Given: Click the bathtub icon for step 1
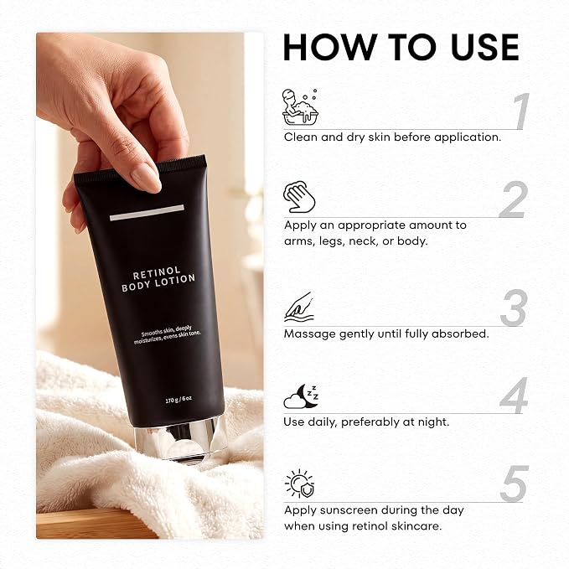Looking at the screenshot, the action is (301, 107).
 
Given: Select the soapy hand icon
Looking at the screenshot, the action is (299, 197).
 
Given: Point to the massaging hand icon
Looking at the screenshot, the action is (298, 307).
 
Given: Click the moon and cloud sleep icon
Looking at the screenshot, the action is (301, 396).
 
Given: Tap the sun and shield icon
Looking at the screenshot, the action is (300, 484).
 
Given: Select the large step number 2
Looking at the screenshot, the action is (513, 199).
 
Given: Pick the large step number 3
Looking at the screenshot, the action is (514, 308).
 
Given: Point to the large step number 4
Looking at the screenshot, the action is (514, 396).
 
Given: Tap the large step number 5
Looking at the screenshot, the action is (515, 484).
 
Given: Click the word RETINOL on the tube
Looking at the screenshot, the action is (157, 273).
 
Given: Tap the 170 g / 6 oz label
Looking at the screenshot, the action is (178, 400).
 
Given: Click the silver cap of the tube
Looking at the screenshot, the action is (180, 440).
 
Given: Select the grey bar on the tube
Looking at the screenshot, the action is (147, 213).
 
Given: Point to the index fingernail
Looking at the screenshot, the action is (146, 178).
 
